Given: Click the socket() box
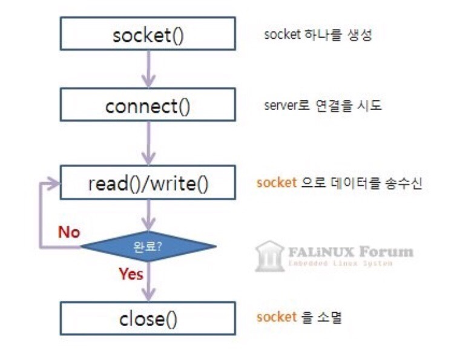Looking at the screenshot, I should pyautogui.click(x=148, y=35).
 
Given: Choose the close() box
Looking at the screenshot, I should pyautogui.click(x=148, y=318).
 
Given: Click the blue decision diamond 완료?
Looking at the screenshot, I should pyautogui.click(x=148, y=246).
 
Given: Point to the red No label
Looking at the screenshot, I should pyautogui.click(x=68, y=232).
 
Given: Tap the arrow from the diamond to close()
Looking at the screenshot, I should pyautogui.click(x=148, y=284).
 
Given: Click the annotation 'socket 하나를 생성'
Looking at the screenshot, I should pyautogui.click(x=317, y=35).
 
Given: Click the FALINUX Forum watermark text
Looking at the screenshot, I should pyautogui.click(x=351, y=251).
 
